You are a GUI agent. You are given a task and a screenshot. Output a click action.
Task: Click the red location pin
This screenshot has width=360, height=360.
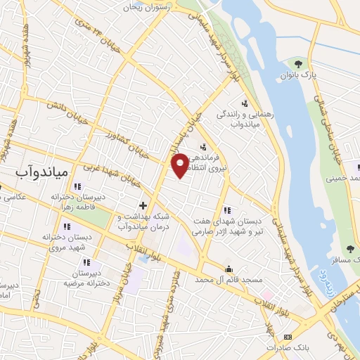point(181,166)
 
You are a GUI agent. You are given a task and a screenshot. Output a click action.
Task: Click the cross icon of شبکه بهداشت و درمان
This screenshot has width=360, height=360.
point(143,205)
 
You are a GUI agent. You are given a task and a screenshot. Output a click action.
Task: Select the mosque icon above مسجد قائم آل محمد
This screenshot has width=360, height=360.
point(229,269)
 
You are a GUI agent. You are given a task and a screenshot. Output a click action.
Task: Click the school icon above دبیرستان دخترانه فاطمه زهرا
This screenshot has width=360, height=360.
point(77,186)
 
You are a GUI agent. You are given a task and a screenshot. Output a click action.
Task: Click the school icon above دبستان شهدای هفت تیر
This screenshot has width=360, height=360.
point(226,210)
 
